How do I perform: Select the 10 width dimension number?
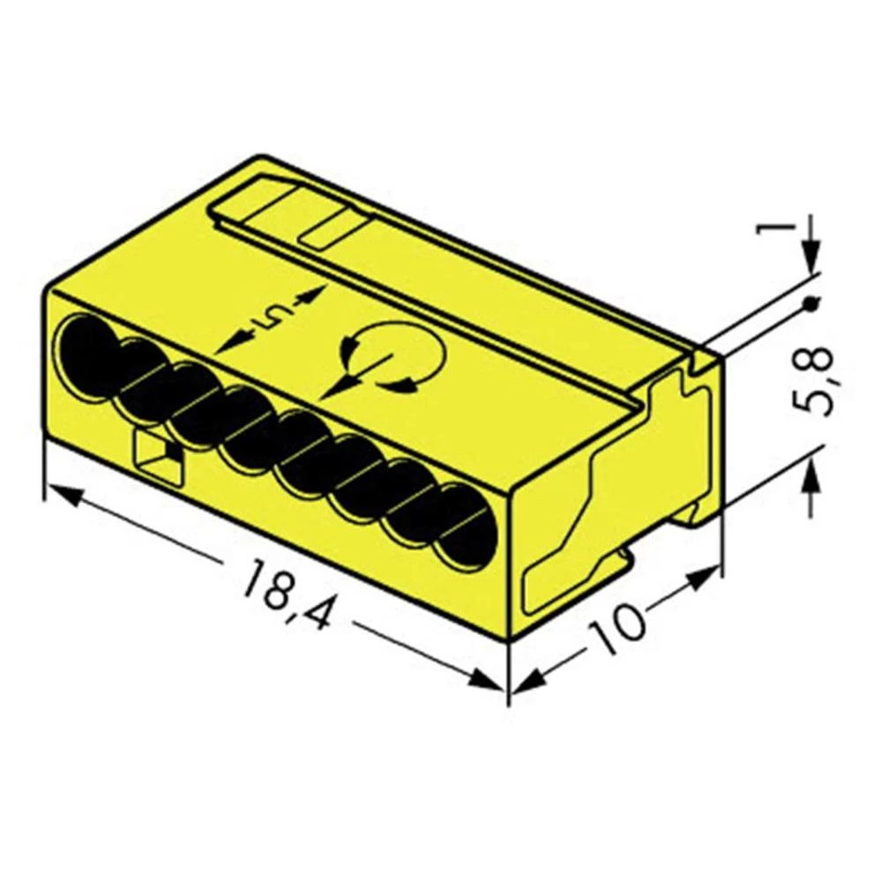pyautogui.click(x=616, y=627)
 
